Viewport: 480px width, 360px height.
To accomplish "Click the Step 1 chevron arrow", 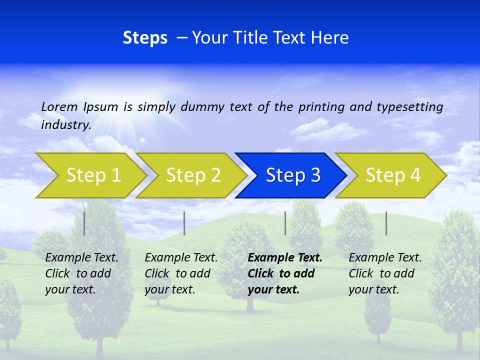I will [92, 175].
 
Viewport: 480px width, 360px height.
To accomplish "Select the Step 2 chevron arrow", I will [192, 175].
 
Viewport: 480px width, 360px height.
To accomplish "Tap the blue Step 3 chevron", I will [292, 175].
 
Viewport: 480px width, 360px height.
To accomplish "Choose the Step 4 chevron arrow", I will [392, 175].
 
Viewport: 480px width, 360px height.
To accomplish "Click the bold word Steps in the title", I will [145, 38].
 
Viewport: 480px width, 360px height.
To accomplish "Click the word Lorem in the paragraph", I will [59, 106].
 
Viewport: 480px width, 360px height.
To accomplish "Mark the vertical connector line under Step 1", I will [84, 223].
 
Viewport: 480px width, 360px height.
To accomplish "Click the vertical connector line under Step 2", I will [184, 223].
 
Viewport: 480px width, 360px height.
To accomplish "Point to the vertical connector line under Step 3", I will [285, 223].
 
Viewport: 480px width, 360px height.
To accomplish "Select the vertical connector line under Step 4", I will [386, 223].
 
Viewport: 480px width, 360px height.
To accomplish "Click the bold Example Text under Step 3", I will [285, 258].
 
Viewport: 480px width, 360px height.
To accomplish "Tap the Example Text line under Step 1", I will [81, 258].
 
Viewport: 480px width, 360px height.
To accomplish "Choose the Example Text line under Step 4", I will [385, 258].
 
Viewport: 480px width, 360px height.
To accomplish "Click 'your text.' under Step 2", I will [169, 289].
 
